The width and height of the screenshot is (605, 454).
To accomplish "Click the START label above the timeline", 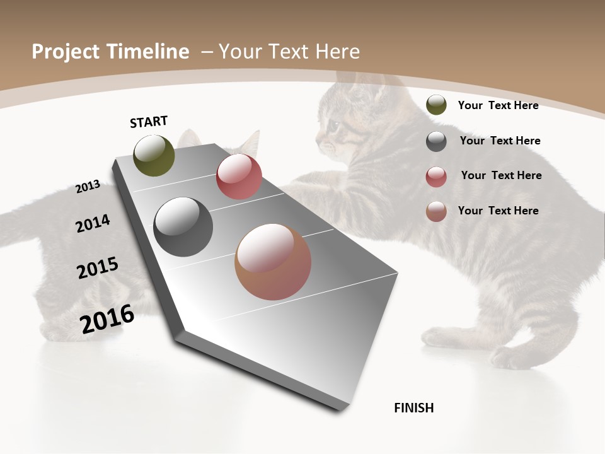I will pos(149,122).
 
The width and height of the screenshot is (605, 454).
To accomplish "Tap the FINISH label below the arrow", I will pos(414,408).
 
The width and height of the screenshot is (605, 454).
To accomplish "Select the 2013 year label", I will pos(88,187).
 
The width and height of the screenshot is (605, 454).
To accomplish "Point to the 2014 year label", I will pos(93,223).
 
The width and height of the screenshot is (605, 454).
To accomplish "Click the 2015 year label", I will pos(98,268).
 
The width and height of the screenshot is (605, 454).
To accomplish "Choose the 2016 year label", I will pos(107,319).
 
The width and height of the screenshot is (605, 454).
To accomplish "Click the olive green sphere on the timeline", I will pos(154,155).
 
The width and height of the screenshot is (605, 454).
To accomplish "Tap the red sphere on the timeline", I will pos(239,177).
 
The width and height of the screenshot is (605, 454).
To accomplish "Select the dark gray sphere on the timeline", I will pos(183,227).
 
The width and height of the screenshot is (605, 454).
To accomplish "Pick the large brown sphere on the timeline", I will pos(273,262).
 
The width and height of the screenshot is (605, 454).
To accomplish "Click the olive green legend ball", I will pos(436,105).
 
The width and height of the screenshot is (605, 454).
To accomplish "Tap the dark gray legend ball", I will pos(436,141).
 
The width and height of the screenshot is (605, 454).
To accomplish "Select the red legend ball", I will pos(436,177).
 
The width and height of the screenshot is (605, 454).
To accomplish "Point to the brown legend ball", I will pos(436,211).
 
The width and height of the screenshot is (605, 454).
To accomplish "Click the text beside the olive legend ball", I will pos(498,105).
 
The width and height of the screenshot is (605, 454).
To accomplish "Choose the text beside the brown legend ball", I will pos(498,211).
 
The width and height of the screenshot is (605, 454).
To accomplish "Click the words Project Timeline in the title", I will pos(110,52).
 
